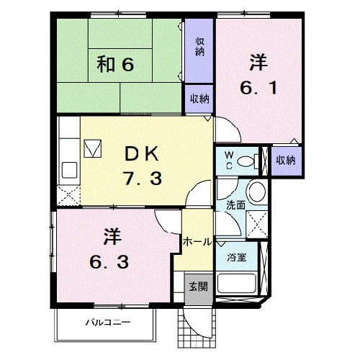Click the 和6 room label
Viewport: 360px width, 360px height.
(115, 66)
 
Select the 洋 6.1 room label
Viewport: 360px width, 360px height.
(258, 76)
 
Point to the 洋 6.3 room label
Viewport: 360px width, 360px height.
(109, 248)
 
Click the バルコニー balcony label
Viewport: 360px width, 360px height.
(104, 321)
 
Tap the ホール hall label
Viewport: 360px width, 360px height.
(197, 242)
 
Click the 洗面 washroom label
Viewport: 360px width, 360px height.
(235, 205)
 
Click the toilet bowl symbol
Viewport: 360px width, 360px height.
(248, 160)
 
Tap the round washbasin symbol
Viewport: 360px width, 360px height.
(255, 192)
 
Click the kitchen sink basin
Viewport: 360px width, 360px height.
(70, 171)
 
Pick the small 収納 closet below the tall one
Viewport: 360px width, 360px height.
(199, 99)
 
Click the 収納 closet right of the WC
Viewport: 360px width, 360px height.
(286, 160)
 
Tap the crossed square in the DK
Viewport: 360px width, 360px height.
(93, 148)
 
